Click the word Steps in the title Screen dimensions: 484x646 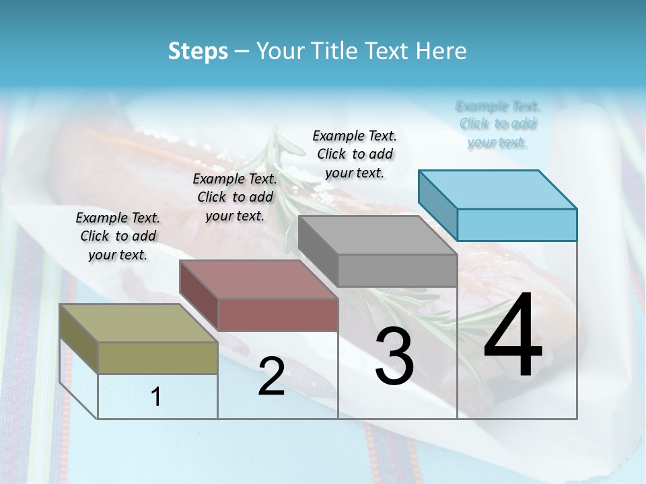coord(198,51)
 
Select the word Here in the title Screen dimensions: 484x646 coord(441,51)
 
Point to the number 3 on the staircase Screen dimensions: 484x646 coord(394,356)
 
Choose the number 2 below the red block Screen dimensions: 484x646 coord(271,376)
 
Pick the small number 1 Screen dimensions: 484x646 coord(156,397)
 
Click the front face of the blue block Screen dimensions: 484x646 coord(517,225)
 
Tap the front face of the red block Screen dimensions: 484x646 coord(278,315)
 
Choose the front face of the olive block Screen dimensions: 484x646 coord(158,358)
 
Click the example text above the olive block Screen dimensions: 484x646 coord(118,236)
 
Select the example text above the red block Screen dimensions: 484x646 coord(235,197)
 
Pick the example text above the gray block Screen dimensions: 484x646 coord(355,154)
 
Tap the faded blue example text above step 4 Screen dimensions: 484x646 coord(498,124)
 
